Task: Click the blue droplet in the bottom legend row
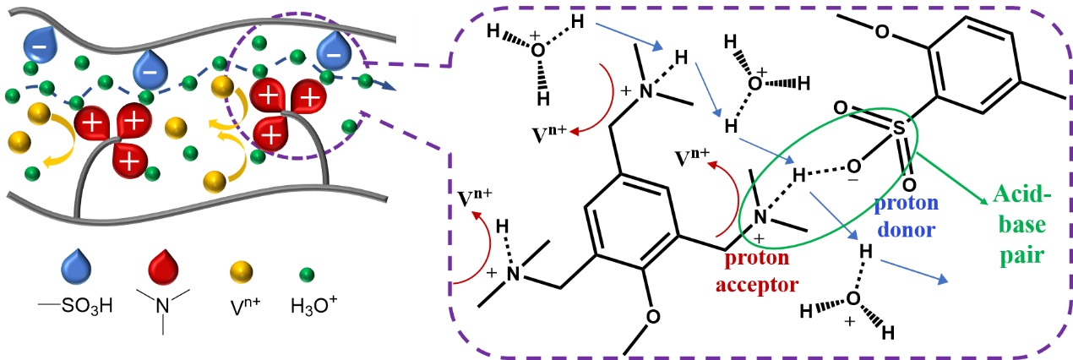point(76,268)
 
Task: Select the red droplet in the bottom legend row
point(163,268)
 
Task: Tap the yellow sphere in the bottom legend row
point(241,271)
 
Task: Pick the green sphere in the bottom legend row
point(307,275)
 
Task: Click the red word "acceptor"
point(757,285)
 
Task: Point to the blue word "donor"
point(907,229)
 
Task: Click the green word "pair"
point(1022,254)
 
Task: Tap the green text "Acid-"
point(1022,194)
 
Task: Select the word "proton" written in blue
point(906,203)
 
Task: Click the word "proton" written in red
point(757,258)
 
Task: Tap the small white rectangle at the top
point(406,37)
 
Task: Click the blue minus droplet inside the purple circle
point(334,53)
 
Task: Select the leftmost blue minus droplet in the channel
point(40,44)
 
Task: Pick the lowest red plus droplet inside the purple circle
point(270,134)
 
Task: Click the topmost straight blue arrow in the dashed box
point(629,36)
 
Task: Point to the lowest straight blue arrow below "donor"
point(913,271)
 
